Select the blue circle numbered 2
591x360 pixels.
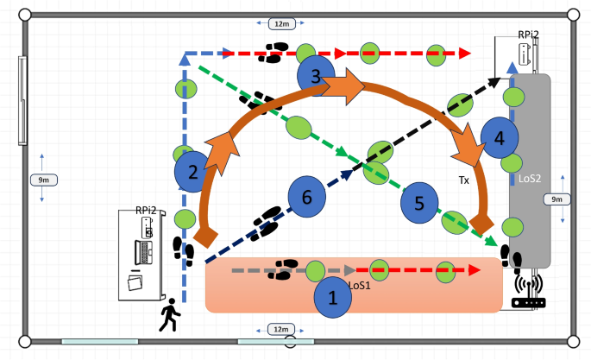point(193,172)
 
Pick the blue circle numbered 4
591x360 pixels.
point(500,138)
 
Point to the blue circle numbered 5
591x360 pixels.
point(419,204)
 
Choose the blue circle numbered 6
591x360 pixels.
point(306,197)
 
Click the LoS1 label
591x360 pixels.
point(360,284)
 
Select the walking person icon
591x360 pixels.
point(170,315)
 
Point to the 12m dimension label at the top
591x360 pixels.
point(281,23)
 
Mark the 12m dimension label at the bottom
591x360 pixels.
point(280,330)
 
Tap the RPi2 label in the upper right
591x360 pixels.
point(528,35)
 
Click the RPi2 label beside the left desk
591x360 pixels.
point(145,210)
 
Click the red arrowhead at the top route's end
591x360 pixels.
point(464,54)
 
